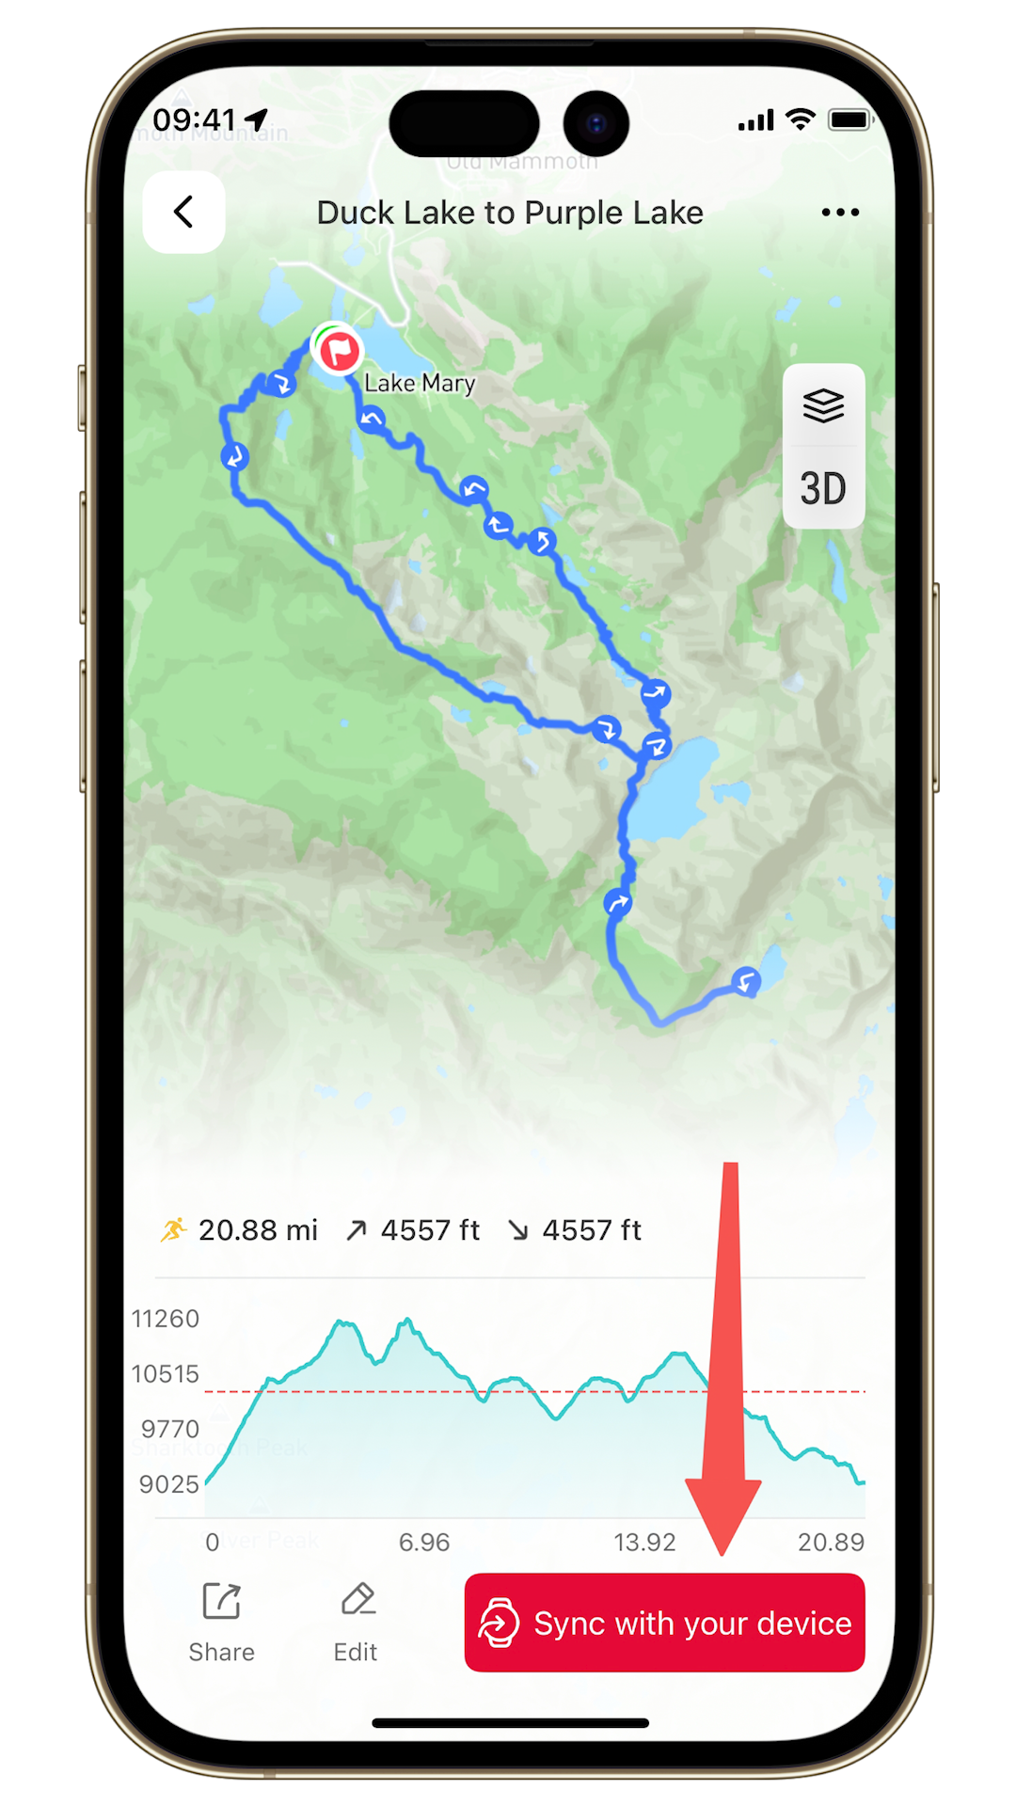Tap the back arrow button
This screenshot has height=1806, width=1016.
pyautogui.click(x=183, y=212)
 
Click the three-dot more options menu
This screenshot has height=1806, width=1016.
pyautogui.click(x=840, y=213)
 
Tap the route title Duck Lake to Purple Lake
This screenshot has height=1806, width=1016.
pyautogui.click(x=510, y=213)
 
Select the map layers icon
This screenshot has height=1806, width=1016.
pyautogui.click(x=823, y=405)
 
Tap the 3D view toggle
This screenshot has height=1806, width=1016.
pyautogui.click(x=823, y=489)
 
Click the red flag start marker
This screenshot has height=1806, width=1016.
pyautogui.click(x=339, y=351)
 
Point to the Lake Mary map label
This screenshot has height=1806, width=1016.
pyautogui.click(x=420, y=383)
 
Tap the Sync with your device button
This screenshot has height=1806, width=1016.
pyautogui.click(x=664, y=1623)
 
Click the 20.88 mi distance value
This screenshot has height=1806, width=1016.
pyautogui.click(x=258, y=1230)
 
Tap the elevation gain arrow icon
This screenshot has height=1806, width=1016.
pyautogui.click(x=356, y=1230)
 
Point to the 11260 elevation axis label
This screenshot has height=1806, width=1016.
pyautogui.click(x=166, y=1319)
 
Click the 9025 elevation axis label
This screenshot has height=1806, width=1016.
pyautogui.click(x=169, y=1484)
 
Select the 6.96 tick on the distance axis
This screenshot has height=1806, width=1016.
pyautogui.click(x=424, y=1543)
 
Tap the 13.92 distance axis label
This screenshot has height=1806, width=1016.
pyautogui.click(x=644, y=1543)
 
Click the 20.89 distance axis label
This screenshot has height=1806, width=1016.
pyautogui.click(x=831, y=1543)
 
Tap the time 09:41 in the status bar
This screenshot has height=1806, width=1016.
pyautogui.click(x=194, y=120)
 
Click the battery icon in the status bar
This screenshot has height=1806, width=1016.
pyautogui.click(x=850, y=119)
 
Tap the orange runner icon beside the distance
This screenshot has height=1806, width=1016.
pyautogui.click(x=174, y=1229)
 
